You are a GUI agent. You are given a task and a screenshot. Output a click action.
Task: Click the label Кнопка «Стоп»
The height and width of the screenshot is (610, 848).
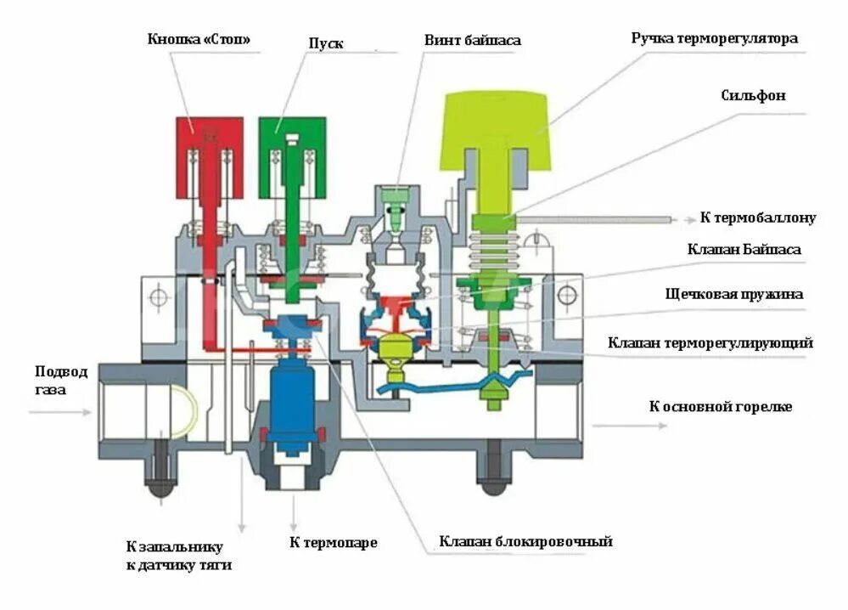(199, 39)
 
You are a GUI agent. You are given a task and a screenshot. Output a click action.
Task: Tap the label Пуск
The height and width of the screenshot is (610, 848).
(325, 43)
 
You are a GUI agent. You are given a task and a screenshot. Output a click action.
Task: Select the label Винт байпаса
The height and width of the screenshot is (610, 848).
(473, 40)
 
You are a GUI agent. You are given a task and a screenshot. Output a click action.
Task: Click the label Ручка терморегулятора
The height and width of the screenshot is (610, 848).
(714, 38)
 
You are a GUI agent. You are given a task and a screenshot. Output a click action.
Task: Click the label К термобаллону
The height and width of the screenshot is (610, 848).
(757, 217)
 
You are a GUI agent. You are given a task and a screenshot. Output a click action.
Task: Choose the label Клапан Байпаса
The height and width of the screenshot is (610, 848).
(744, 249)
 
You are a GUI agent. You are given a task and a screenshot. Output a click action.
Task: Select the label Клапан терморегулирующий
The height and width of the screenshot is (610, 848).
(710, 342)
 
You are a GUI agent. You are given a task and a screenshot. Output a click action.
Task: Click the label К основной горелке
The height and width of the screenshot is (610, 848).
(721, 406)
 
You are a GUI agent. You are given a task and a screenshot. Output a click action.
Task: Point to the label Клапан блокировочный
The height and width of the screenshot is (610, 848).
(525, 541)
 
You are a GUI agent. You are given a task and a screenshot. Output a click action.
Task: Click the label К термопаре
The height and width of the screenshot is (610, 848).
(332, 542)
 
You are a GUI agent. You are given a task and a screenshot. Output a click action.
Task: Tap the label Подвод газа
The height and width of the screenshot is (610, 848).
(60, 380)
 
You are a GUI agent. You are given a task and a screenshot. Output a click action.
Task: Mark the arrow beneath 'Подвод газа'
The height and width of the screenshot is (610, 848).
(59, 413)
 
